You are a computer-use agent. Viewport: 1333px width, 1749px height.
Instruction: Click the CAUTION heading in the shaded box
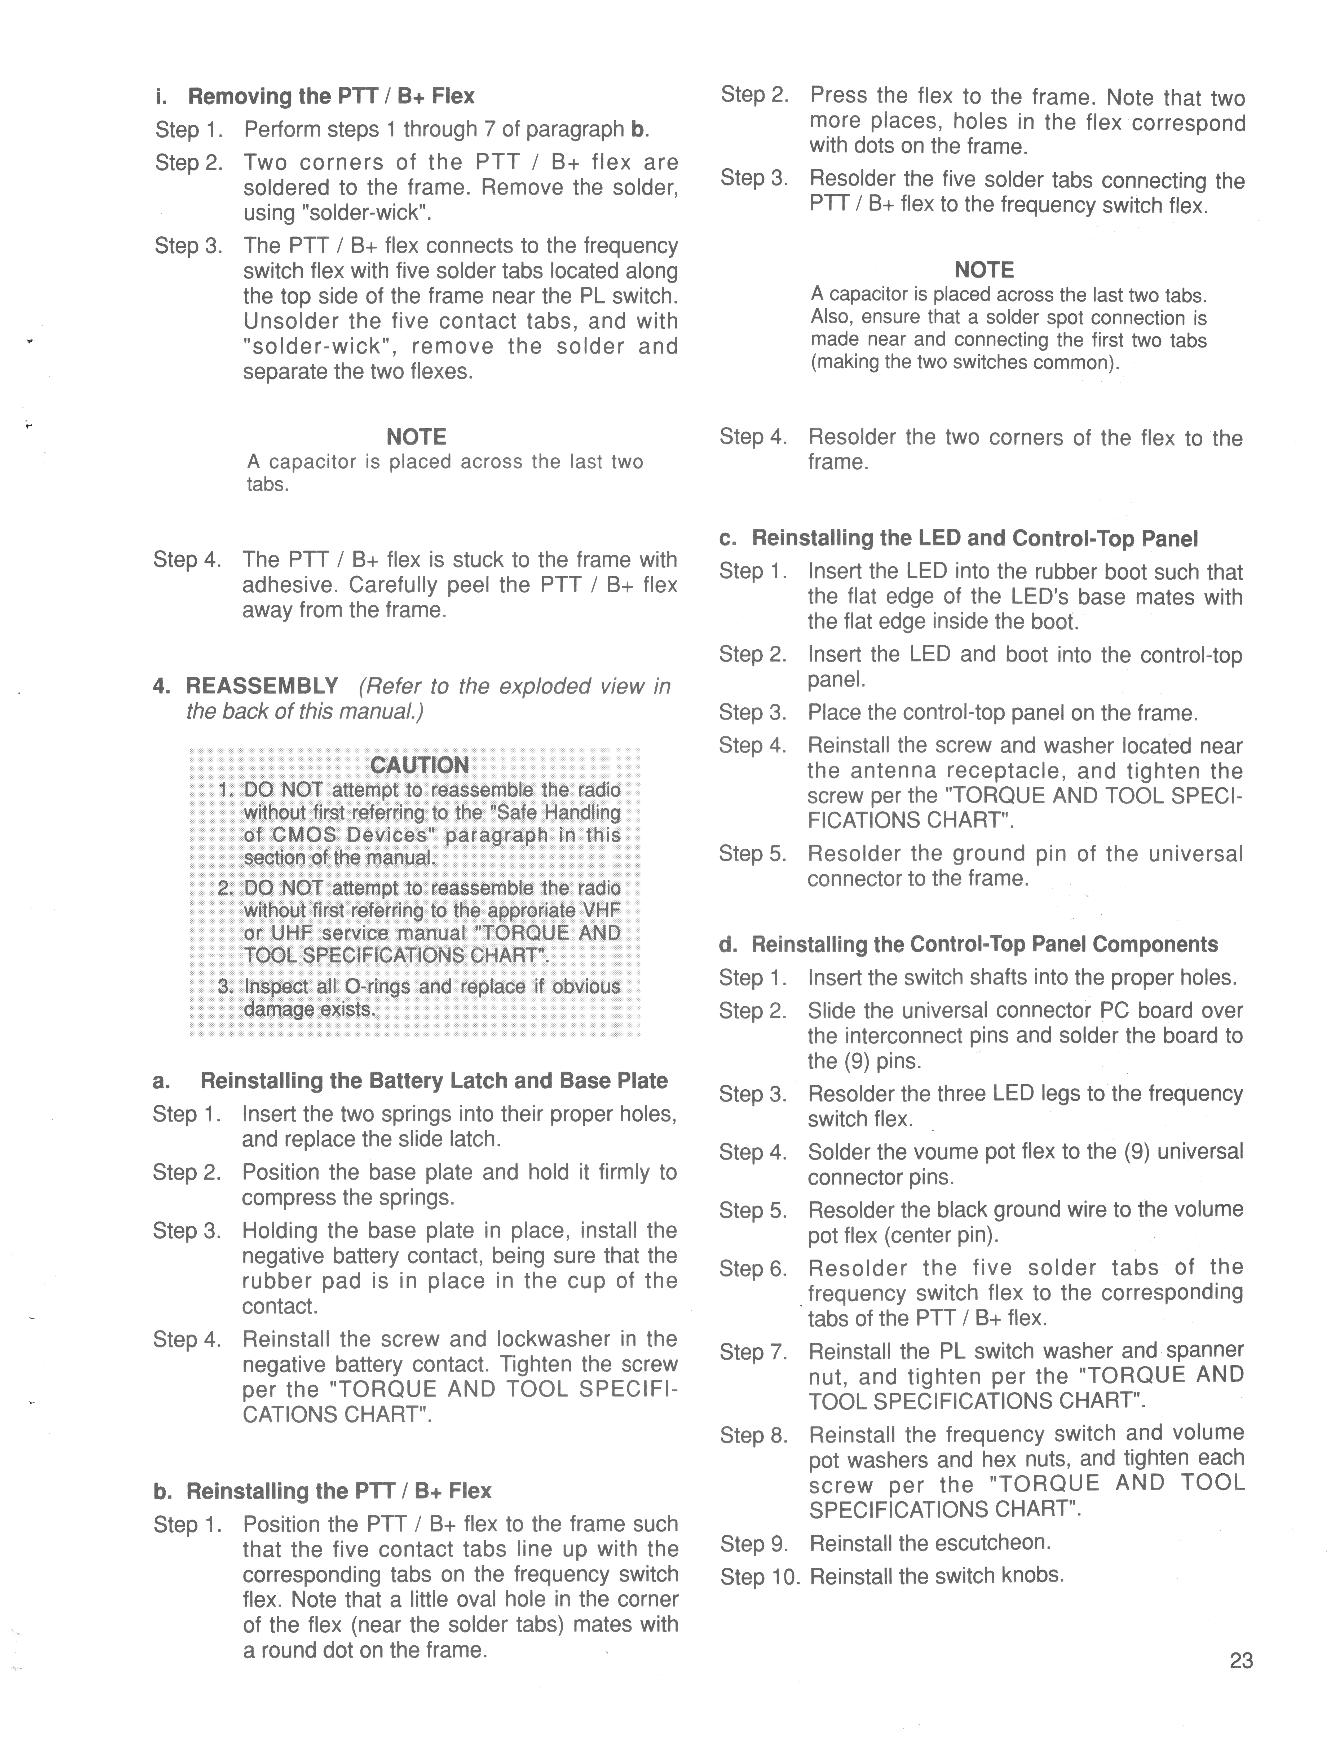pos(419,765)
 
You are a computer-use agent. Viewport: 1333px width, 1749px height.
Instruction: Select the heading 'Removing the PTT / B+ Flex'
pos(331,96)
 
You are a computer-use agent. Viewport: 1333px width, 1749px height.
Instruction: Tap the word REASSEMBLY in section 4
pos(262,686)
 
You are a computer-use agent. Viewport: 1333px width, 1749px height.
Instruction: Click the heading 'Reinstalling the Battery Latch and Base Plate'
pos(434,1081)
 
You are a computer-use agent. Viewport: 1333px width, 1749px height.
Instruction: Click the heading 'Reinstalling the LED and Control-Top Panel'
pos(974,539)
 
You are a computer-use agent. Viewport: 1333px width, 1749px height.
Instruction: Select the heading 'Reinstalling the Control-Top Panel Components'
pos(984,944)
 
